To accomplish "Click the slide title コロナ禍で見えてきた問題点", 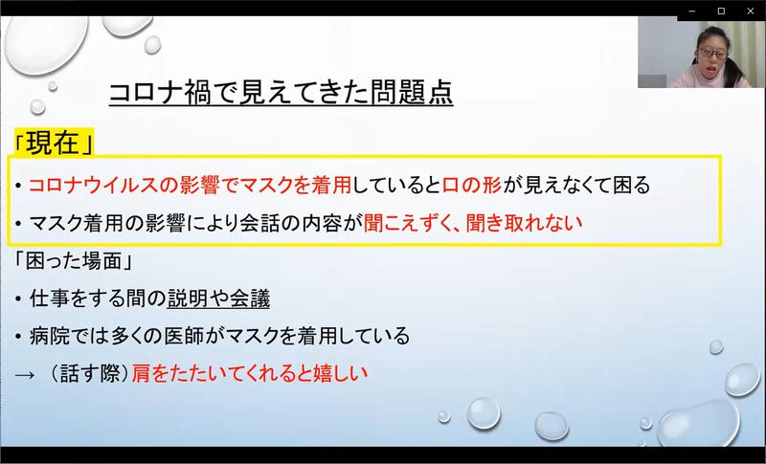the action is click(281, 93).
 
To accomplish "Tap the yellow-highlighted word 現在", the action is click(54, 144).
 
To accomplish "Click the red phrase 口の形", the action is click(472, 185).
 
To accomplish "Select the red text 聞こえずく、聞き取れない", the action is click(473, 223).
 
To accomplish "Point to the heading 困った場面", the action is click(75, 261).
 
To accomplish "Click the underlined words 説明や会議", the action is click(218, 298).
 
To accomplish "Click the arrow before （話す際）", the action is click(25, 375).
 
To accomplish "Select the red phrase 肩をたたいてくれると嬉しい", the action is click(250, 374).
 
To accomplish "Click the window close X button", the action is click(751, 11).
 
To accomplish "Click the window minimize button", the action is click(691, 11).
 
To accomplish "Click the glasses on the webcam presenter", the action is click(713, 54).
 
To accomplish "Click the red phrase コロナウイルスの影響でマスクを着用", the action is click(190, 185).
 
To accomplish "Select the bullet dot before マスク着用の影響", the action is click(18, 224).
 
